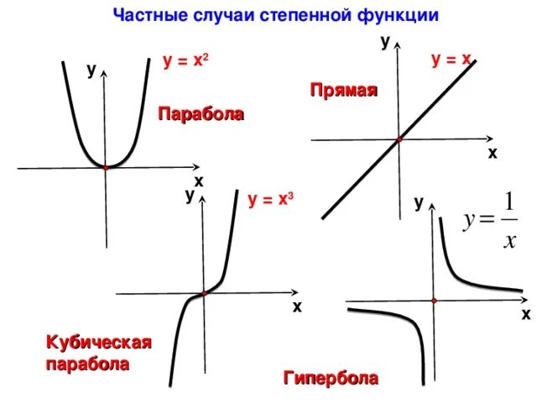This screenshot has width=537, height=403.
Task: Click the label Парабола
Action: coord(201,113)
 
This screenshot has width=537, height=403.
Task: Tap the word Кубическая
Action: coord(99,343)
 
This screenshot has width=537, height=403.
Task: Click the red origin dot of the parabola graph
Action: coord(106,168)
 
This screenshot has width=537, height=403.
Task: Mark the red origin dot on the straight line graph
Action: coord(399,139)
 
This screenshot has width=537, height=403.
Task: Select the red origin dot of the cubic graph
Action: coord(203,293)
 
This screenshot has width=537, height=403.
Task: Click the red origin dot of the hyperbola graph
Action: coord(435,300)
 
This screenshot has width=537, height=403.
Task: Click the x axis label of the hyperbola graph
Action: coord(525,315)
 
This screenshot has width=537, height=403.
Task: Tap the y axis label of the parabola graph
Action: coord(90,71)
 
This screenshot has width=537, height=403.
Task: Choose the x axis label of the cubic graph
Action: coord(297,307)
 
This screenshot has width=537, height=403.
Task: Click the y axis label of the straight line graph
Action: coord(385,42)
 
